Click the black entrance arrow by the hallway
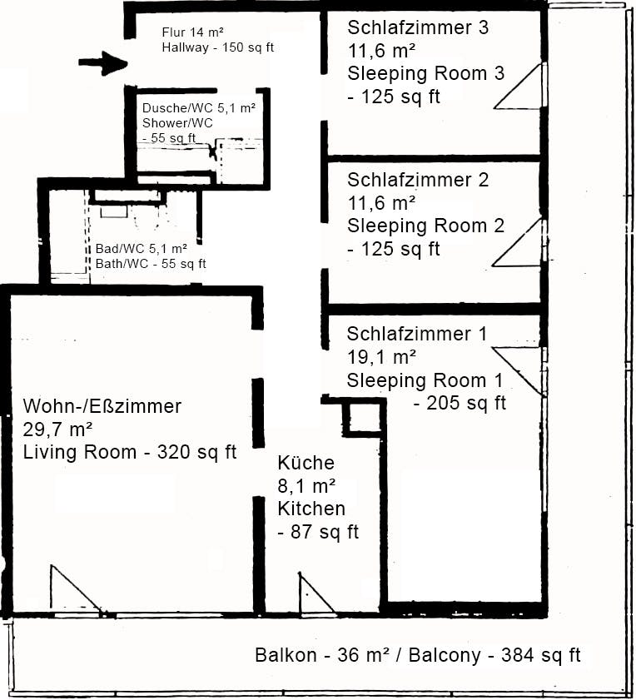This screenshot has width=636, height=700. point(103,63)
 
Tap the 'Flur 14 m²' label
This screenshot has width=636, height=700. point(192,32)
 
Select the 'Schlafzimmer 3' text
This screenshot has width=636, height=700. point(418,27)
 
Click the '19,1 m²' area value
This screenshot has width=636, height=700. point(381,357)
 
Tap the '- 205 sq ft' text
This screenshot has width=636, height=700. point(460,404)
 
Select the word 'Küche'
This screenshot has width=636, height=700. point(306,463)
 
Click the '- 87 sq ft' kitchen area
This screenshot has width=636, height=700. point(318,532)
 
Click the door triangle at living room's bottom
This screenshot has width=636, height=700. point(71,591)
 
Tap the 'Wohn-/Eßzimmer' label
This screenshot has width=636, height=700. point(102,407)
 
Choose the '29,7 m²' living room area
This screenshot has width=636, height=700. point(57,429)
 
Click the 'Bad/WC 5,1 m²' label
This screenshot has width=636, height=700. point(141,248)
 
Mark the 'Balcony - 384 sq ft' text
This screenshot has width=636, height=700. point(489,655)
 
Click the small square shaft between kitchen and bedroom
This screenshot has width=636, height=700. point(363,418)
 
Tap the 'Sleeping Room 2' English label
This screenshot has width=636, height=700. point(425,226)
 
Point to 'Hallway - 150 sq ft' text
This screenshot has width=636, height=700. point(218,47)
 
